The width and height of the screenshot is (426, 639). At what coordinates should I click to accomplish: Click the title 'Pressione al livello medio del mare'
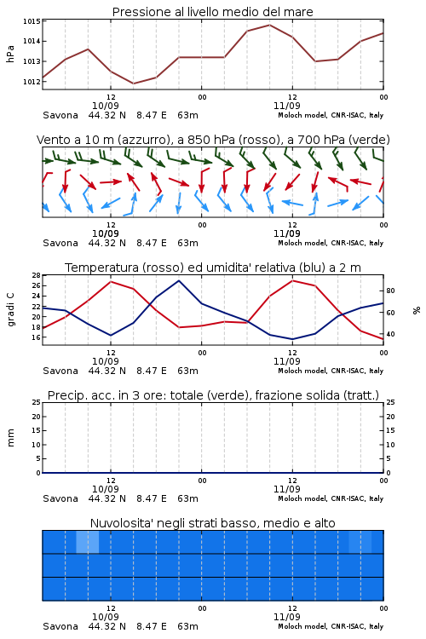click(x=212, y=12)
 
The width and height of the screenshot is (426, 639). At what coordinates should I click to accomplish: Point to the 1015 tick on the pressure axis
click(x=32, y=21)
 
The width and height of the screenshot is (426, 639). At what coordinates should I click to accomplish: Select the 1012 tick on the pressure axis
click(x=32, y=82)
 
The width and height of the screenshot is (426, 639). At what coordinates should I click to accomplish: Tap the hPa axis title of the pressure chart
click(x=10, y=54)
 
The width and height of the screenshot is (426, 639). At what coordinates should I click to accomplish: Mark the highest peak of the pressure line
click(x=269, y=25)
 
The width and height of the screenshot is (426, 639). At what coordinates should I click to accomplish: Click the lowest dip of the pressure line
click(x=133, y=83)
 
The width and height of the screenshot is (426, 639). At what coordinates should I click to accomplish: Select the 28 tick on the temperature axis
click(x=37, y=275)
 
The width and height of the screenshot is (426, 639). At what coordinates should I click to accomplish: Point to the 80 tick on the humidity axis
click(x=390, y=291)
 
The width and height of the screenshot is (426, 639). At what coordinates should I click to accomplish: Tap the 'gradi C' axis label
click(x=10, y=309)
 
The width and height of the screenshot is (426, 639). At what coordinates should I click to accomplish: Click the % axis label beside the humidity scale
click(x=417, y=310)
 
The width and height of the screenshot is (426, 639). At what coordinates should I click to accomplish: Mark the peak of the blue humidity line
click(x=179, y=280)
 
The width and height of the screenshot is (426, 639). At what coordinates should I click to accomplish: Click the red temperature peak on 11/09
click(x=293, y=280)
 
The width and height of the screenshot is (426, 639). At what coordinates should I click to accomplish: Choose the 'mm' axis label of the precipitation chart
click(x=10, y=437)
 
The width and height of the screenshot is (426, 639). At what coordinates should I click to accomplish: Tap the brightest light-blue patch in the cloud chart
click(x=88, y=543)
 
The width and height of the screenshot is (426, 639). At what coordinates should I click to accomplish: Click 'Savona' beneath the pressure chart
click(x=60, y=115)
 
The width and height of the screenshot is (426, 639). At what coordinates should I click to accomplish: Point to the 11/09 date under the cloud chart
click(x=286, y=617)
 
